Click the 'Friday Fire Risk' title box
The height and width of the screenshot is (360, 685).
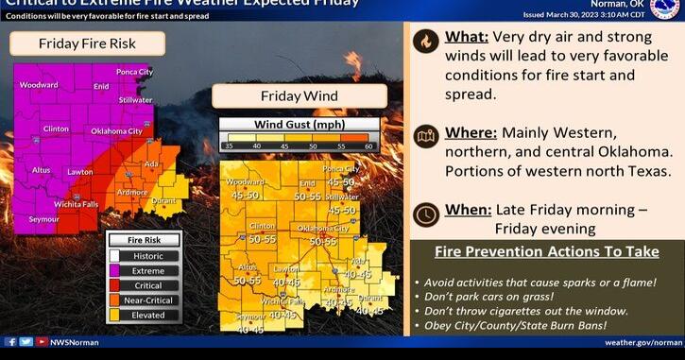[x=88, y=43]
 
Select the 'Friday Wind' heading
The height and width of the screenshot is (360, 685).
[x=299, y=95]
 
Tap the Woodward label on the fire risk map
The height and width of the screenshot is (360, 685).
[x=37, y=85]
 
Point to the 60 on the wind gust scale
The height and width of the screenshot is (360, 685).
[x=369, y=146]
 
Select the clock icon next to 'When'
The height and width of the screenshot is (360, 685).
[x=426, y=214]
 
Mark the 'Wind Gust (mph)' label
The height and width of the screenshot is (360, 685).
[x=300, y=124]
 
